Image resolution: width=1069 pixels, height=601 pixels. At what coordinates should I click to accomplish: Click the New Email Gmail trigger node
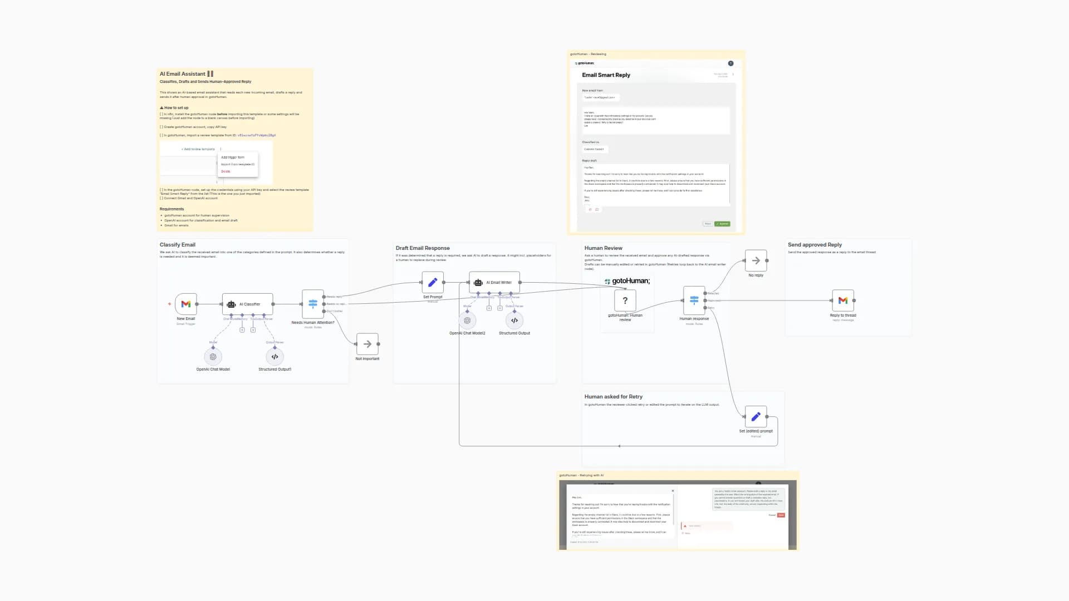(186, 304)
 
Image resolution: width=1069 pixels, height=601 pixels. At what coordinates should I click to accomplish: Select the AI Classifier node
(247, 304)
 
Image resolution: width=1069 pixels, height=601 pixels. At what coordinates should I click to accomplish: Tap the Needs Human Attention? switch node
(313, 304)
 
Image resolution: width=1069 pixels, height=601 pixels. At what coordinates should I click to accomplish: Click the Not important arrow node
(367, 344)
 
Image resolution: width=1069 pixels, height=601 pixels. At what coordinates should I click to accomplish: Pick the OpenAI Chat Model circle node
(213, 357)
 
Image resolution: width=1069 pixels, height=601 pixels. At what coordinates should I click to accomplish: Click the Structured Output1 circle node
(274, 357)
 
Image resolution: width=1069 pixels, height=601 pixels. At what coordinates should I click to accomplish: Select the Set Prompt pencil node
(433, 283)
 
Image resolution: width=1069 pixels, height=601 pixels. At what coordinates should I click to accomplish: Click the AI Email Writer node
(494, 283)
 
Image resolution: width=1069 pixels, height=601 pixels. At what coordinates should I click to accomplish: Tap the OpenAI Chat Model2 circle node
(467, 321)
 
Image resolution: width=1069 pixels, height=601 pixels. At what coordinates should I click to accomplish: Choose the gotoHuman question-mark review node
(625, 300)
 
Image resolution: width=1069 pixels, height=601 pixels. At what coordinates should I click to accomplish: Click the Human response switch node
(694, 300)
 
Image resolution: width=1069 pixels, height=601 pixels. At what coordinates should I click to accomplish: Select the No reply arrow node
(756, 260)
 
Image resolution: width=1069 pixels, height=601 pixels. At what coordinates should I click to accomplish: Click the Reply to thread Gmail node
(843, 300)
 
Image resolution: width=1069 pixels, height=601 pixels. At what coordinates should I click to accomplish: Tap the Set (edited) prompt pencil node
(756, 417)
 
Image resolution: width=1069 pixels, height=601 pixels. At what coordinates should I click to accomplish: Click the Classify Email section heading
(178, 245)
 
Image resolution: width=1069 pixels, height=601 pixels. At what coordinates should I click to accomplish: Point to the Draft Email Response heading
(423, 248)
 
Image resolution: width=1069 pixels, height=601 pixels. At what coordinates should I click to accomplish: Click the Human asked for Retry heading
(613, 397)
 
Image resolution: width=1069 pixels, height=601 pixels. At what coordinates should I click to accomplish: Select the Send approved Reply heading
(815, 245)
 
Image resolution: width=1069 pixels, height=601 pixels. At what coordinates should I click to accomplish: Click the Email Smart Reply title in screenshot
(606, 75)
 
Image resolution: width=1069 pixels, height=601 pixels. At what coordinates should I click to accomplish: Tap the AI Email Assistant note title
(183, 74)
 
